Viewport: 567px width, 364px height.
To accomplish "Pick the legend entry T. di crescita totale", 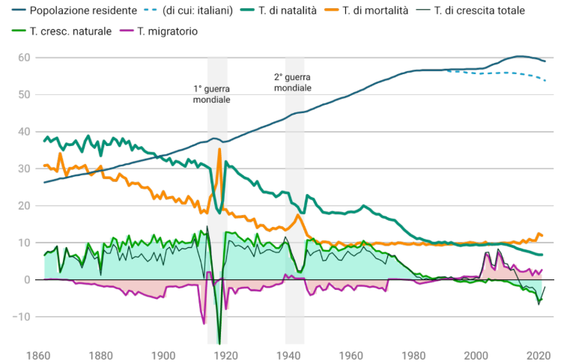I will [x=479, y=10].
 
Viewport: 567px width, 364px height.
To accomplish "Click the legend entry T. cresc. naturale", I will [x=71, y=31].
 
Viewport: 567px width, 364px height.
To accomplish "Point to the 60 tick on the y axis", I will [x=24, y=58].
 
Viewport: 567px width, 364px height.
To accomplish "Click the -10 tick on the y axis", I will [x=22, y=317].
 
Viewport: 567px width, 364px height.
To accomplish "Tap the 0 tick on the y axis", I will [x=26, y=280].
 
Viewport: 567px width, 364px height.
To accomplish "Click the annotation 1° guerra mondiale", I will [x=212, y=94].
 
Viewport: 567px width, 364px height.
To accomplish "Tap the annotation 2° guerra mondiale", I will [x=292, y=82].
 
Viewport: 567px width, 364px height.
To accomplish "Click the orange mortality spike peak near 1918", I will [x=219, y=149].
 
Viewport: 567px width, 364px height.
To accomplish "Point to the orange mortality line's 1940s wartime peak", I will [x=298, y=216].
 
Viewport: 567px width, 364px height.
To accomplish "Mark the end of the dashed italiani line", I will [x=545, y=80].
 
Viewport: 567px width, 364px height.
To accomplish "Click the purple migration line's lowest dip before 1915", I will [x=203, y=323].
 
